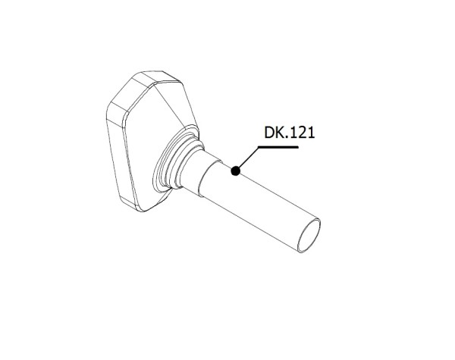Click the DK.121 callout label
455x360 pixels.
coord(289,133)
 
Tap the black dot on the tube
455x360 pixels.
coord(236,172)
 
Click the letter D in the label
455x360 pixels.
coord(269,133)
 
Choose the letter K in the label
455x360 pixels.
coord(280,133)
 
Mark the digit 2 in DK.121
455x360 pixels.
coord(300,133)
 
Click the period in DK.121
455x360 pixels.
coord(287,138)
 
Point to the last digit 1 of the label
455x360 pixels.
coord(309,133)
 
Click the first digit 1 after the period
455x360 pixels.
coord(293,133)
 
